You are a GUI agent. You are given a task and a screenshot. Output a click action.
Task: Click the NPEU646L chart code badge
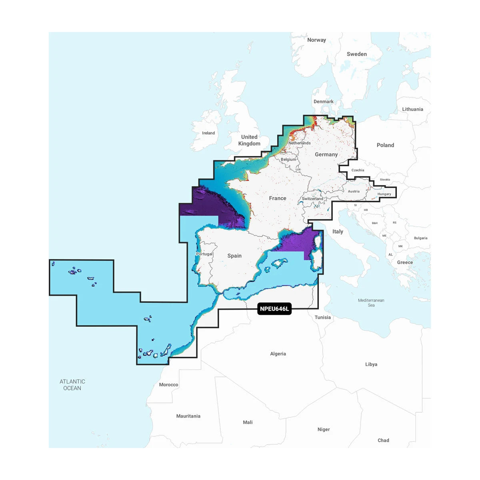[x=274, y=309]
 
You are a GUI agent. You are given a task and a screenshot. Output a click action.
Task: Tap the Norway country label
[x=316, y=40]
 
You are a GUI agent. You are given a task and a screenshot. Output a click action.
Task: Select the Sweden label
[x=356, y=54]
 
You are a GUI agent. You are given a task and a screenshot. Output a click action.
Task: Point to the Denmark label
[x=323, y=102]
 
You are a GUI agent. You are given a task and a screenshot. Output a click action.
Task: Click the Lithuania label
[x=412, y=109]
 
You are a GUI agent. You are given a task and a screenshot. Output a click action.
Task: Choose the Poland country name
[x=385, y=145]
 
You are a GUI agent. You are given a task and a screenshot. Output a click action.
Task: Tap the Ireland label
[x=208, y=133]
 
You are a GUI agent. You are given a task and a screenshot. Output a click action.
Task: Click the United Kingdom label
[x=249, y=140]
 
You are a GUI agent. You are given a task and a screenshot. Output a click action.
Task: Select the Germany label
[x=326, y=154]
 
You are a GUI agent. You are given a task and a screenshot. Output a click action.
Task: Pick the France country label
[x=278, y=198]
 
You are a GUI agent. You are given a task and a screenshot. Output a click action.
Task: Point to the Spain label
[x=234, y=256]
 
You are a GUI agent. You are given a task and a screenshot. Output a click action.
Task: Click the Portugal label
[x=204, y=254]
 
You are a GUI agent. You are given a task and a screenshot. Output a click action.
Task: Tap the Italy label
[x=338, y=232]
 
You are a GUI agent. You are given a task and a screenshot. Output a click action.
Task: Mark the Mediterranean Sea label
[x=371, y=302]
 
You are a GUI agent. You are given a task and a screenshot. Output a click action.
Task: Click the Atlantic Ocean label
[x=72, y=385]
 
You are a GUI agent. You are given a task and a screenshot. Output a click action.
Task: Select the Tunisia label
[x=322, y=317]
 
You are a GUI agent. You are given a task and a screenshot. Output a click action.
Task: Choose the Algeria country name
[x=278, y=354]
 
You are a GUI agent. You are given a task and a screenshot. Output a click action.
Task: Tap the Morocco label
[x=168, y=385]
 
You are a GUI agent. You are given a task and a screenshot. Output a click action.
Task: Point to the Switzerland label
[x=312, y=199]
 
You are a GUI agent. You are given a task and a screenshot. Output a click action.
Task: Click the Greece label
[x=405, y=262]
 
